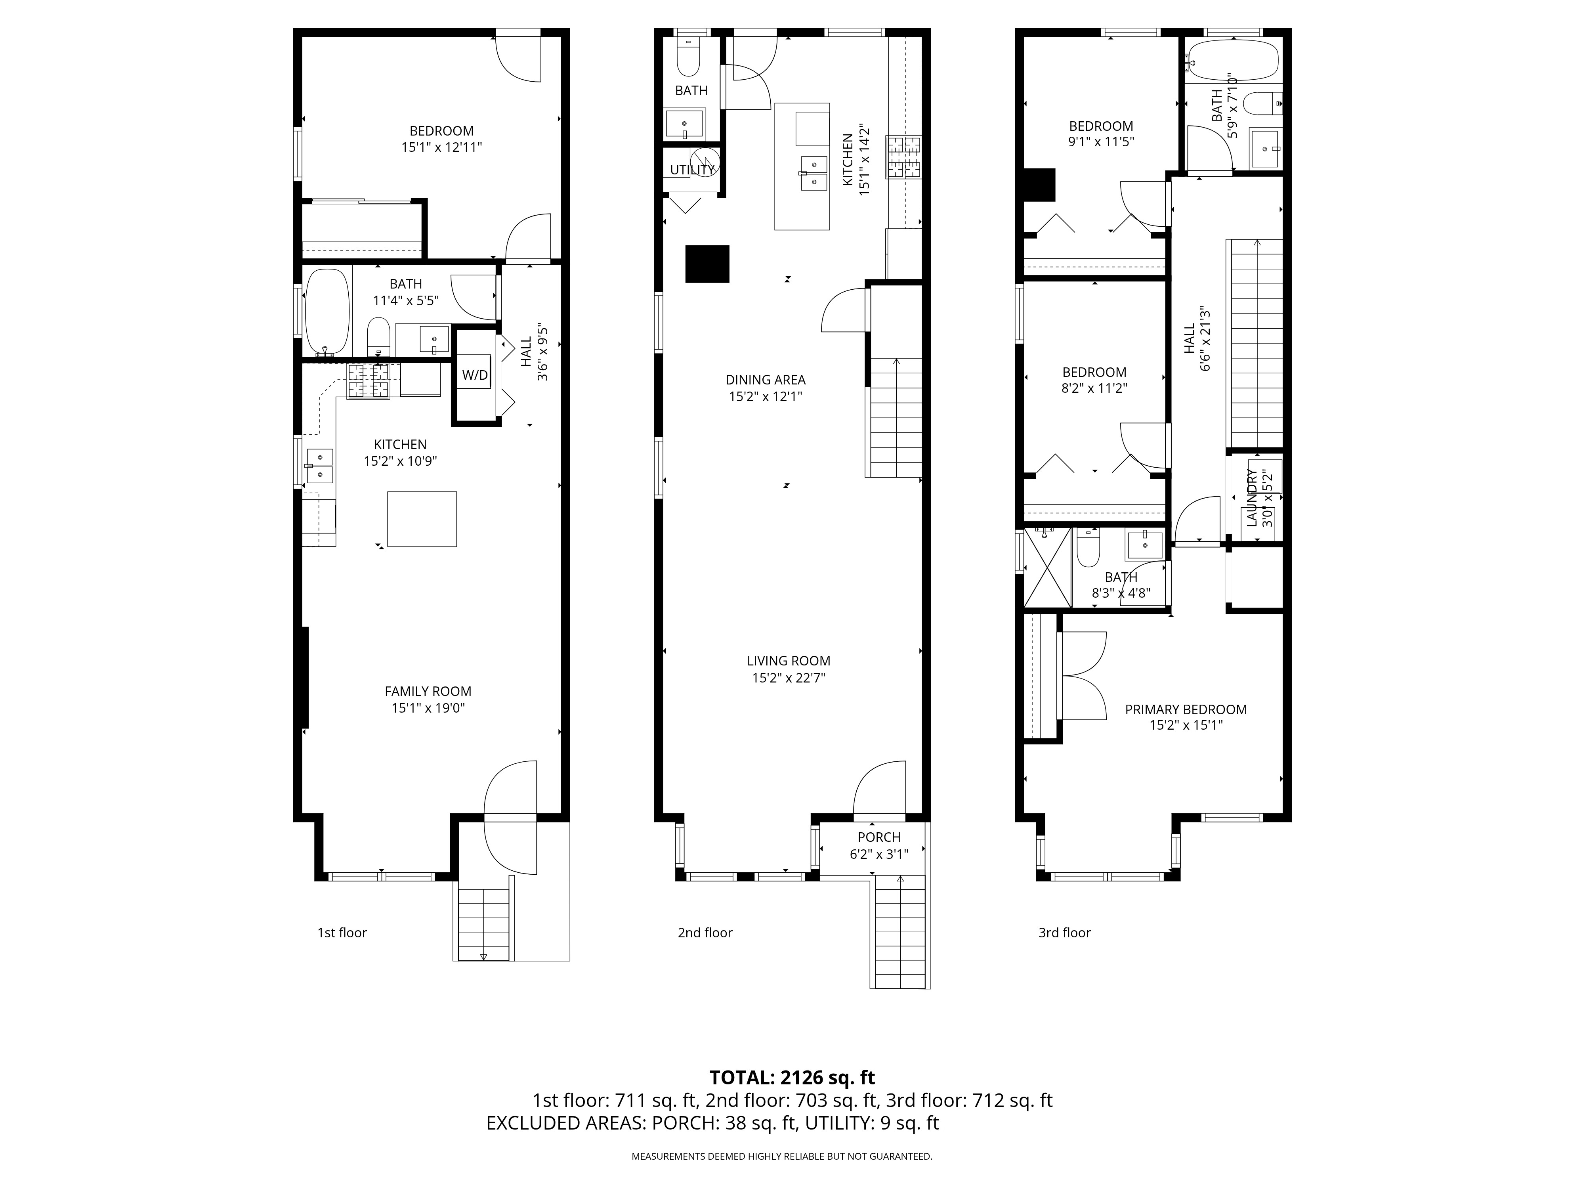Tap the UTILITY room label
[x=692, y=170]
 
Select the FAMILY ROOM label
[x=428, y=692]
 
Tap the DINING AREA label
[x=765, y=380]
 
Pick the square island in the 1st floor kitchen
[x=422, y=519]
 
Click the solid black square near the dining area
[x=707, y=264]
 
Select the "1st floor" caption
[x=342, y=933]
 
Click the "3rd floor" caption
[x=1064, y=933]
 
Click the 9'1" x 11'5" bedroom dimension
[x=1101, y=142]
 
